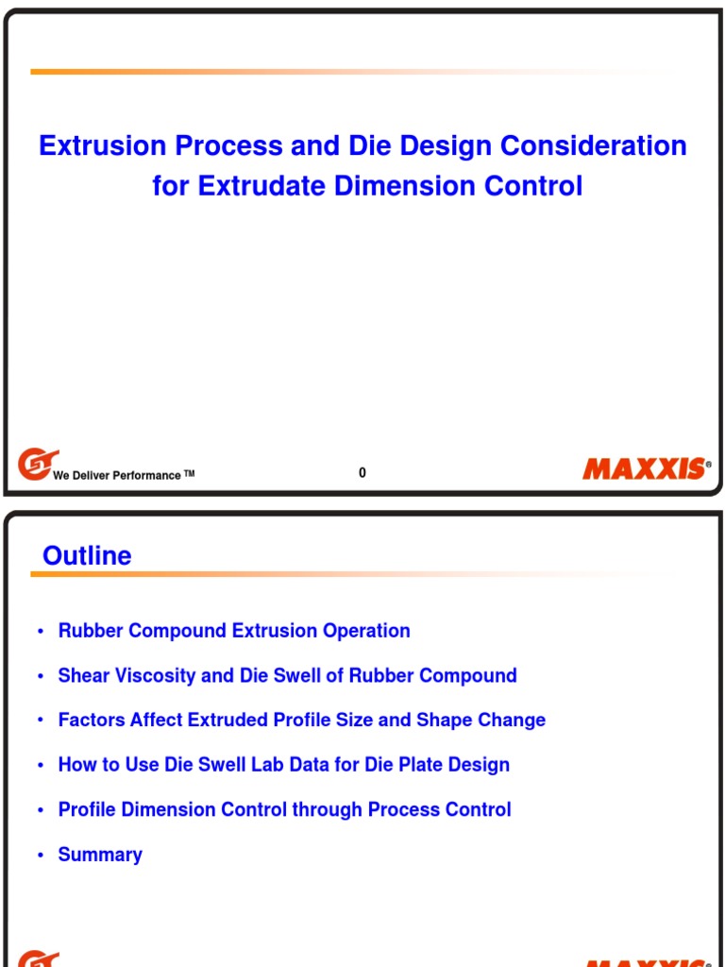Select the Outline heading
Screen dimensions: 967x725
click(x=87, y=555)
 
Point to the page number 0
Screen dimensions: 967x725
click(x=362, y=473)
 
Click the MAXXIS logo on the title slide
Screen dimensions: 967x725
click(x=645, y=468)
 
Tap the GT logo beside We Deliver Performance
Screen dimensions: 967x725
click(x=36, y=464)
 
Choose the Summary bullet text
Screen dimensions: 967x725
click(x=100, y=855)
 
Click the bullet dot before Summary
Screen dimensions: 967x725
click(x=41, y=856)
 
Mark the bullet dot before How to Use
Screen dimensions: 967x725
click(x=41, y=766)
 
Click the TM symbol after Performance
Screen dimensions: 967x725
click(x=189, y=473)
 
